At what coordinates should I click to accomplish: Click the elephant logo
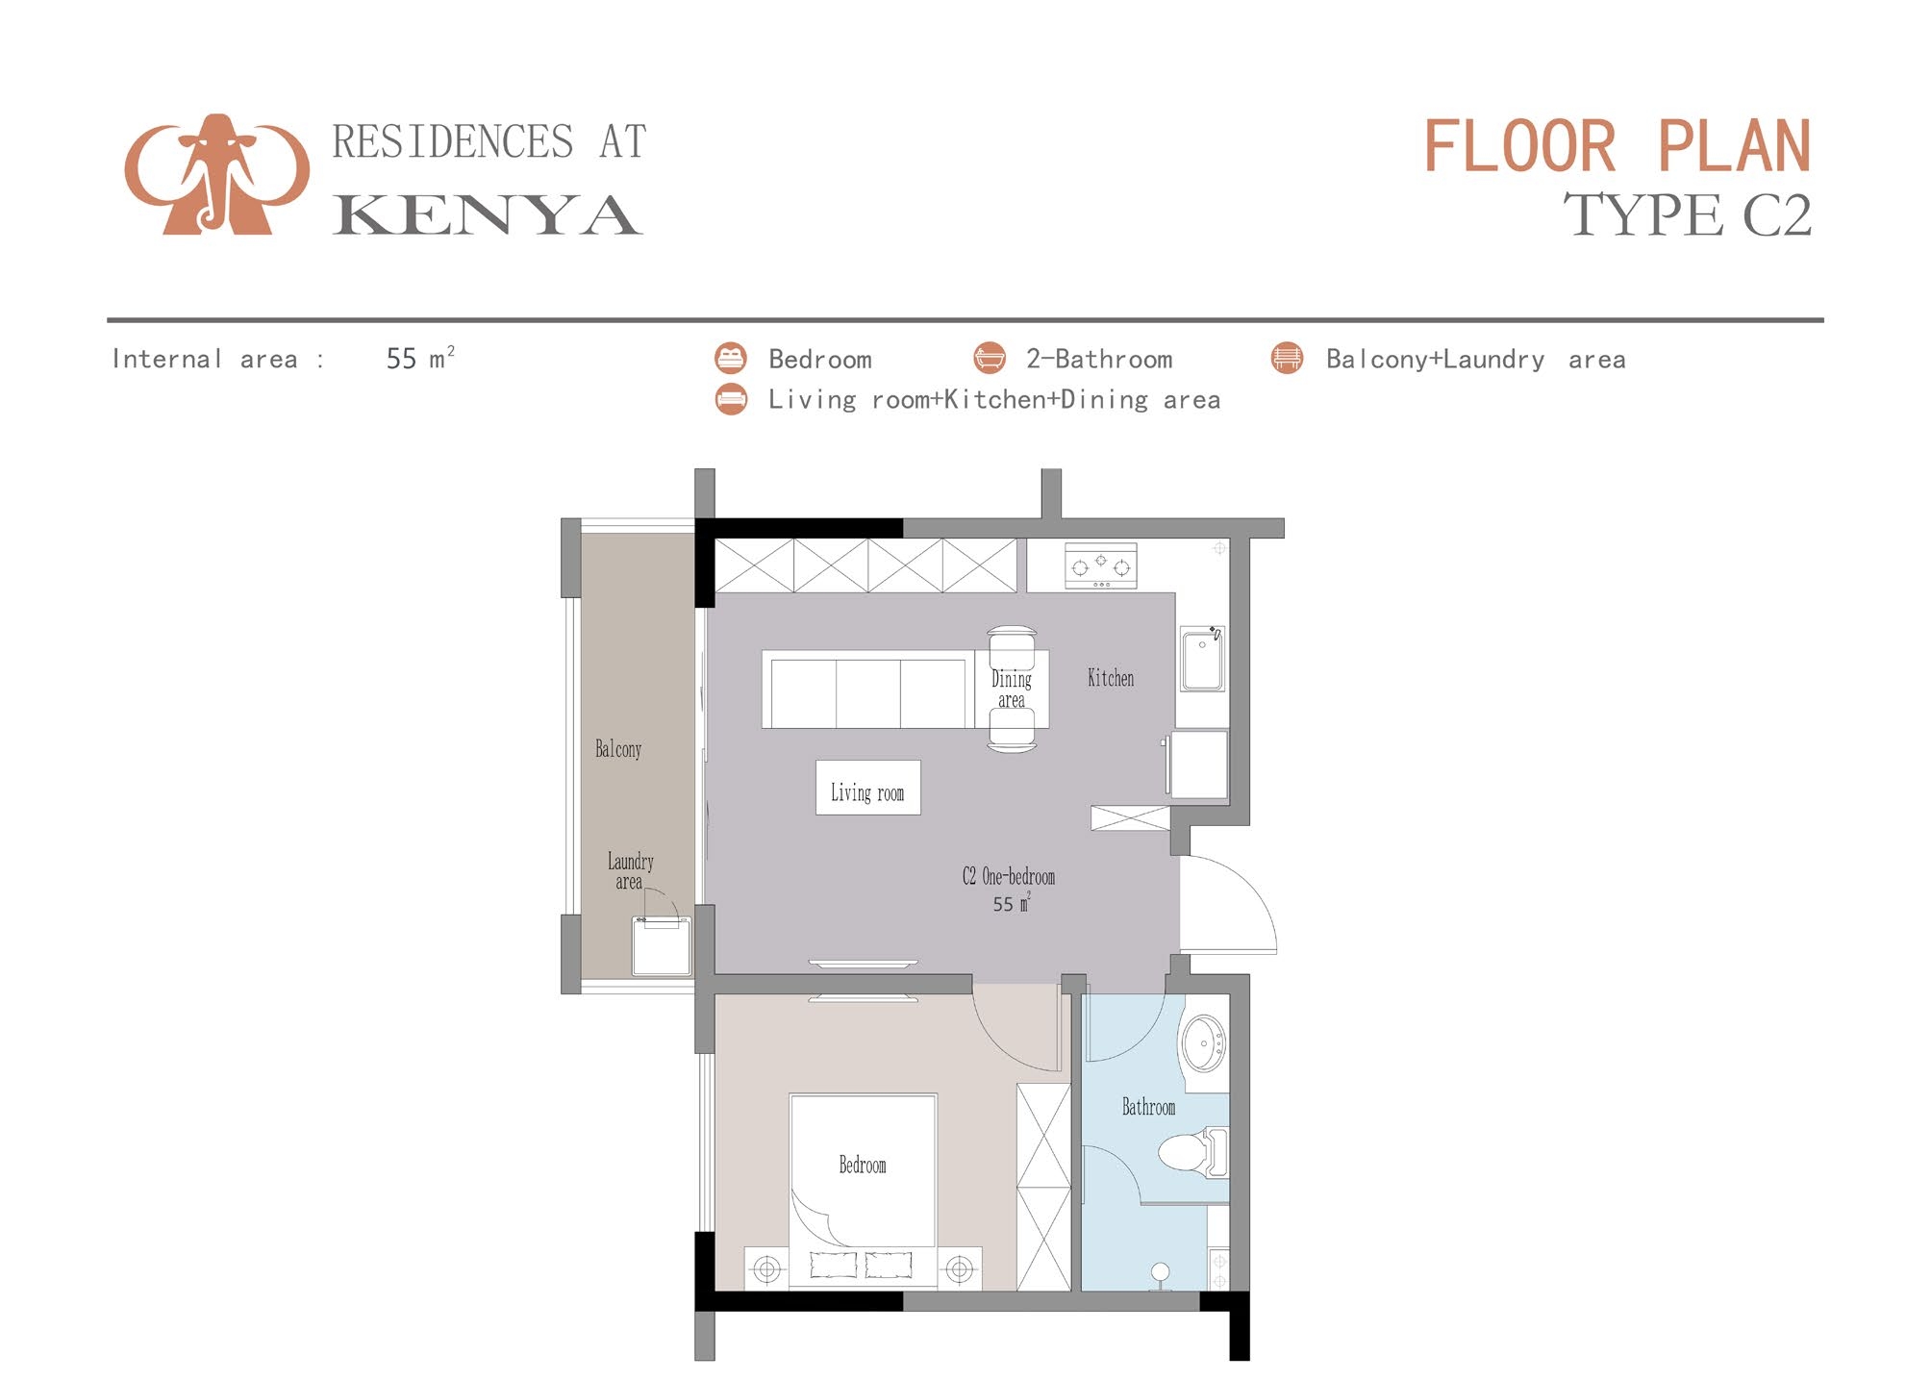217,175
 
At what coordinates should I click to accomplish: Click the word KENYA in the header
487,215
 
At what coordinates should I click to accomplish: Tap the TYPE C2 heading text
1687,215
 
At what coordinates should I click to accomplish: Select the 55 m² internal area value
419,359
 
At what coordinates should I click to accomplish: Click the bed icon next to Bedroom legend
731,358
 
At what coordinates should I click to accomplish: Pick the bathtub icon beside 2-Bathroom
989,358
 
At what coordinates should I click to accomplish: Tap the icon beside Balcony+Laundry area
1287,358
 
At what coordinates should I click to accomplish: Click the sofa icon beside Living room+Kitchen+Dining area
731,399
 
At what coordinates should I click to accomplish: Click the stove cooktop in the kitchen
1100,565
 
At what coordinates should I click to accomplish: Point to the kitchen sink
1202,659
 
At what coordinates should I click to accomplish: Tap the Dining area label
1011,689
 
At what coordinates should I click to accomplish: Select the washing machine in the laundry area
661,946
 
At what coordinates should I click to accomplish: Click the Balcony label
617,749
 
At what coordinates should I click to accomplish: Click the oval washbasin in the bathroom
1203,1042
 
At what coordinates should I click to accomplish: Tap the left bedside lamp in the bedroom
766,1269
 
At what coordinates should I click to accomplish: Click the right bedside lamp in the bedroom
959,1269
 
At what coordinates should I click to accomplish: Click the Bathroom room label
1148,1107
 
